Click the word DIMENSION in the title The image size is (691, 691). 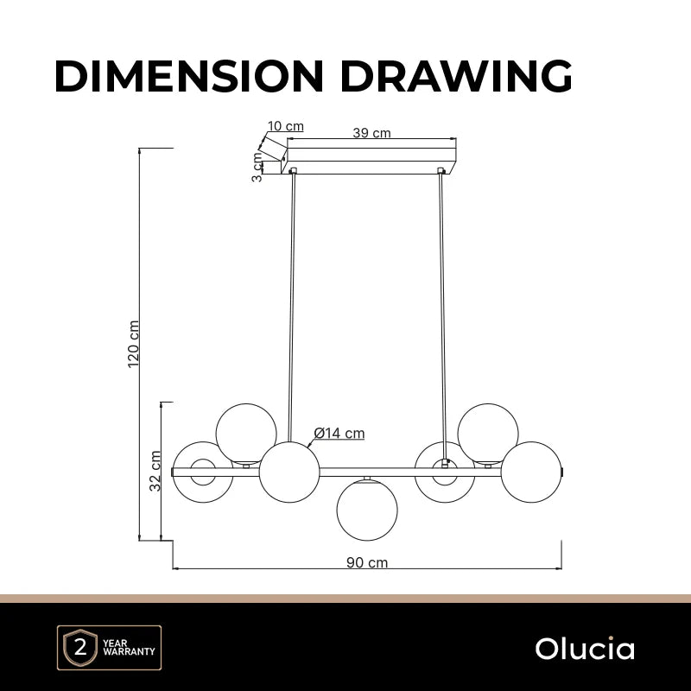(x=189, y=76)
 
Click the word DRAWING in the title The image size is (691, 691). (x=457, y=76)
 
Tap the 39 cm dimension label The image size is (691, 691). (x=371, y=133)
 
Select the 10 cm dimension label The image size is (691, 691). (x=286, y=126)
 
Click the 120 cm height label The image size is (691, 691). (x=133, y=344)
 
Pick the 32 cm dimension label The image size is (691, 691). (x=155, y=471)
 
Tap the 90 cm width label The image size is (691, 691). (x=367, y=562)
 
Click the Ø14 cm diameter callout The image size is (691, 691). (x=339, y=434)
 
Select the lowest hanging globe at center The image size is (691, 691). (x=367, y=510)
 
